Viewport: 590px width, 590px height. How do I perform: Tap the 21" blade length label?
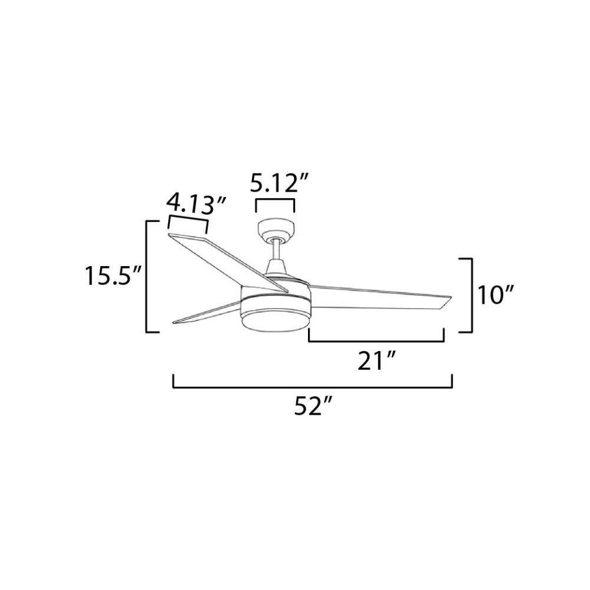[x=376, y=361]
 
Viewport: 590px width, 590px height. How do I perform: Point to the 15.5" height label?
[x=113, y=275]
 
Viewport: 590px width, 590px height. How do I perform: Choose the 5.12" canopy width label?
[x=280, y=183]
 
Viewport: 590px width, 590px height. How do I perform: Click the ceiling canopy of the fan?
[x=276, y=230]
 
